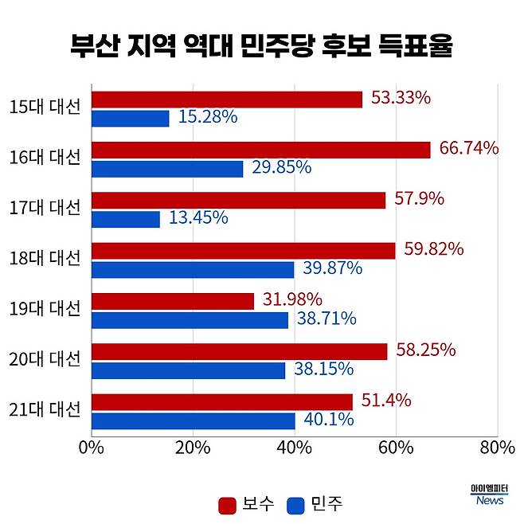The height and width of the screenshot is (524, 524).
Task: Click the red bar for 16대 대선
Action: coord(261,150)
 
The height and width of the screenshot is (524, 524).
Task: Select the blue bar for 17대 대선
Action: coord(126,219)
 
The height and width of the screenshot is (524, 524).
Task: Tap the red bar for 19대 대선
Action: coord(173,301)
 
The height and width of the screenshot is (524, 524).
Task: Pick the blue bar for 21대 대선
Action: coord(194,421)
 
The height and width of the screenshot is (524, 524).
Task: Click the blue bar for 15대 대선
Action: coord(131,119)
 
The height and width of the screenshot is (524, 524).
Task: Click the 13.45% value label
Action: coord(197,218)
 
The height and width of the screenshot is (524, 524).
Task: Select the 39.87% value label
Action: coord(332,269)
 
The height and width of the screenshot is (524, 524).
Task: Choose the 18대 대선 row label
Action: coord(46,258)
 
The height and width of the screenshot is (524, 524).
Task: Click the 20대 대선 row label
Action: coord(46,359)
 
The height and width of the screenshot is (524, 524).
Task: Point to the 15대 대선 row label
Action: coord(46,107)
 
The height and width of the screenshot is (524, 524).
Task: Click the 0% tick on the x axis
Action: coord(92,448)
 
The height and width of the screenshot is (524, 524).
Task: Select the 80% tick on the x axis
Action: coord(497,448)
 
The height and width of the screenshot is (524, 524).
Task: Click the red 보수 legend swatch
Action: coord(227,505)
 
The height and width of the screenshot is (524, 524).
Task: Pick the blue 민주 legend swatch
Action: coord(296,505)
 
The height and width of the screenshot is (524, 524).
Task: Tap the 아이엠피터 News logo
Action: coord(490,495)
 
